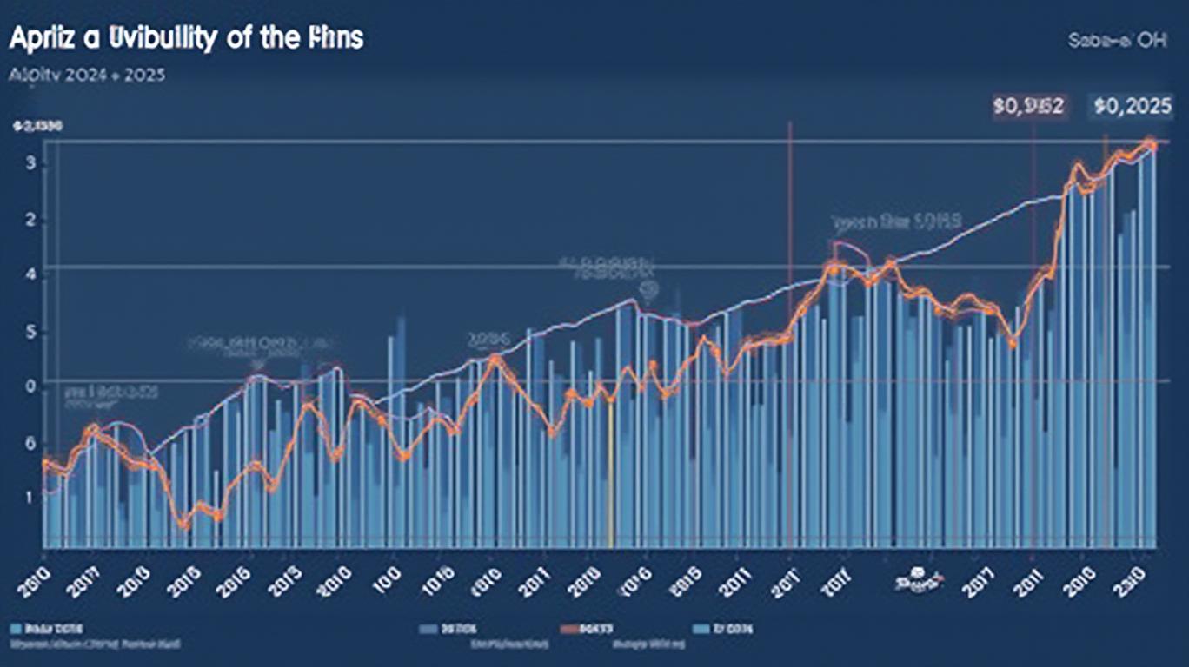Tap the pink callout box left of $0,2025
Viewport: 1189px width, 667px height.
(1028, 107)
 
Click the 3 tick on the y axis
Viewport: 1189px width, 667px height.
(30, 165)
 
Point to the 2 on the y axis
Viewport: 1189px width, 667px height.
(30, 221)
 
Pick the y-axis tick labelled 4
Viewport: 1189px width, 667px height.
(30, 275)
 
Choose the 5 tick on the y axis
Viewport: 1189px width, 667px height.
(30, 332)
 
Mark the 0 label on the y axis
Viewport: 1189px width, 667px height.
(30, 386)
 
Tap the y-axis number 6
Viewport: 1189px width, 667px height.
(30, 444)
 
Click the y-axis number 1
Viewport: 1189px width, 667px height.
(30, 499)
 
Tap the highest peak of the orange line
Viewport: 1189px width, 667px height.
(1149, 143)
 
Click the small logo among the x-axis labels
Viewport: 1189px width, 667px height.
(916, 577)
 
